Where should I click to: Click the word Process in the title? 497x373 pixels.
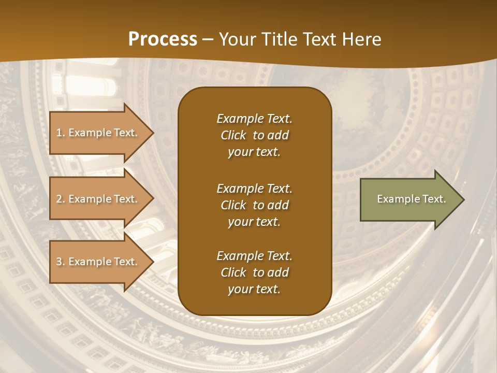(163, 39)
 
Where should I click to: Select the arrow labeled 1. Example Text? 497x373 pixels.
(98, 133)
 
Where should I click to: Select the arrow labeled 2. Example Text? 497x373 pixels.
(98, 199)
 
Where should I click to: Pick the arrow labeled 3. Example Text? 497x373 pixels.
(98, 262)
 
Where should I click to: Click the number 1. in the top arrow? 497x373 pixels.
(61, 133)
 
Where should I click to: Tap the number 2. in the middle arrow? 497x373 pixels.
(61, 199)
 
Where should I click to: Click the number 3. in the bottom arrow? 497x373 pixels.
(61, 262)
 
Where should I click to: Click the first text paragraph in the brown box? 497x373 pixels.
(254, 135)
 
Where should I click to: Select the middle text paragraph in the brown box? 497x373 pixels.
(254, 205)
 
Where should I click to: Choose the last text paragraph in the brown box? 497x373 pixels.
(254, 272)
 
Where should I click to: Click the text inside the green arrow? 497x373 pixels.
(411, 199)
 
